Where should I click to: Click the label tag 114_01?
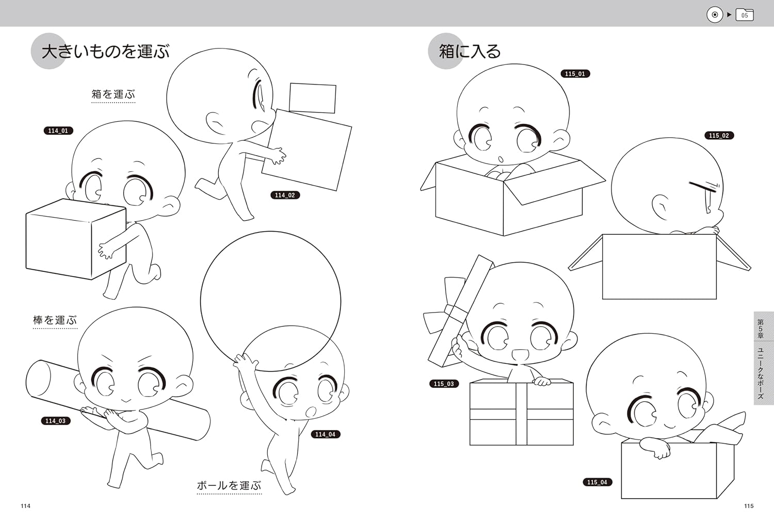[x=58, y=131]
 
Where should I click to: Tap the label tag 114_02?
[x=285, y=195]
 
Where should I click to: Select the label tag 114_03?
[x=55, y=421]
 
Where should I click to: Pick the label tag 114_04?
[x=325, y=434]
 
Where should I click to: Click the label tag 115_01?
[x=575, y=74]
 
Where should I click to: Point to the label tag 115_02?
[x=719, y=136]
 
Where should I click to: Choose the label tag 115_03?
[x=444, y=384]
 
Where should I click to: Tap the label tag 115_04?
[x=597, y=482]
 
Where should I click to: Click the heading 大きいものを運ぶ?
[x=105, y=52]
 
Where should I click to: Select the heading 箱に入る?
[x=470, y=52]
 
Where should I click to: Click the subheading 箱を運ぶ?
[x=113, y=94]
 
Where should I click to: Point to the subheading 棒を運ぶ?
[x=55, y=320]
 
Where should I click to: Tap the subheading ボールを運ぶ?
[x=229, y=485]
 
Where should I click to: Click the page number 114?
[x=25, y=506]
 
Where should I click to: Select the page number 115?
[x=749, y=506]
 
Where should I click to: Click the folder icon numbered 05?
[x=745, y=15]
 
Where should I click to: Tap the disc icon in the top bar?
[x=715, y=15]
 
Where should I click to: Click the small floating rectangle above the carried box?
[x=313, y=97]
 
